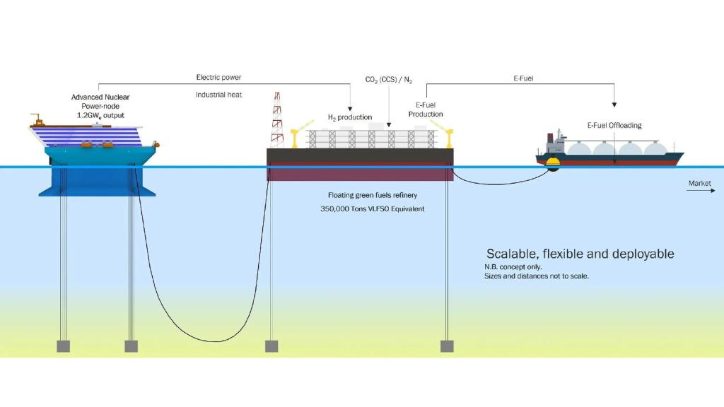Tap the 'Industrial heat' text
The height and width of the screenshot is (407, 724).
coord(219,94)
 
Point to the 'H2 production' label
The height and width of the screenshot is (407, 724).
coord(349,117)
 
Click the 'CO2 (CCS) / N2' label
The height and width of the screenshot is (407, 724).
coord(388,80)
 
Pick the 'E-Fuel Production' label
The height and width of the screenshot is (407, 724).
coord(426,110)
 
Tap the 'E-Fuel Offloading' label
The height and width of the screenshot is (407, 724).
coord(614,125)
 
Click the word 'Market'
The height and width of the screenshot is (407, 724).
coord(700,183)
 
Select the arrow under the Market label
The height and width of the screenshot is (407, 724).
coord(701,191)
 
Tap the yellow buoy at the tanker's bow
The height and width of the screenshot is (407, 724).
coord(551,165)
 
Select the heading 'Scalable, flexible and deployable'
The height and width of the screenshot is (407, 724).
coord(580,254)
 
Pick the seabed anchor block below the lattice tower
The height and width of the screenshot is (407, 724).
coord(271,346)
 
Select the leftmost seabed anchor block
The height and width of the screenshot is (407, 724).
coord(64,346)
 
